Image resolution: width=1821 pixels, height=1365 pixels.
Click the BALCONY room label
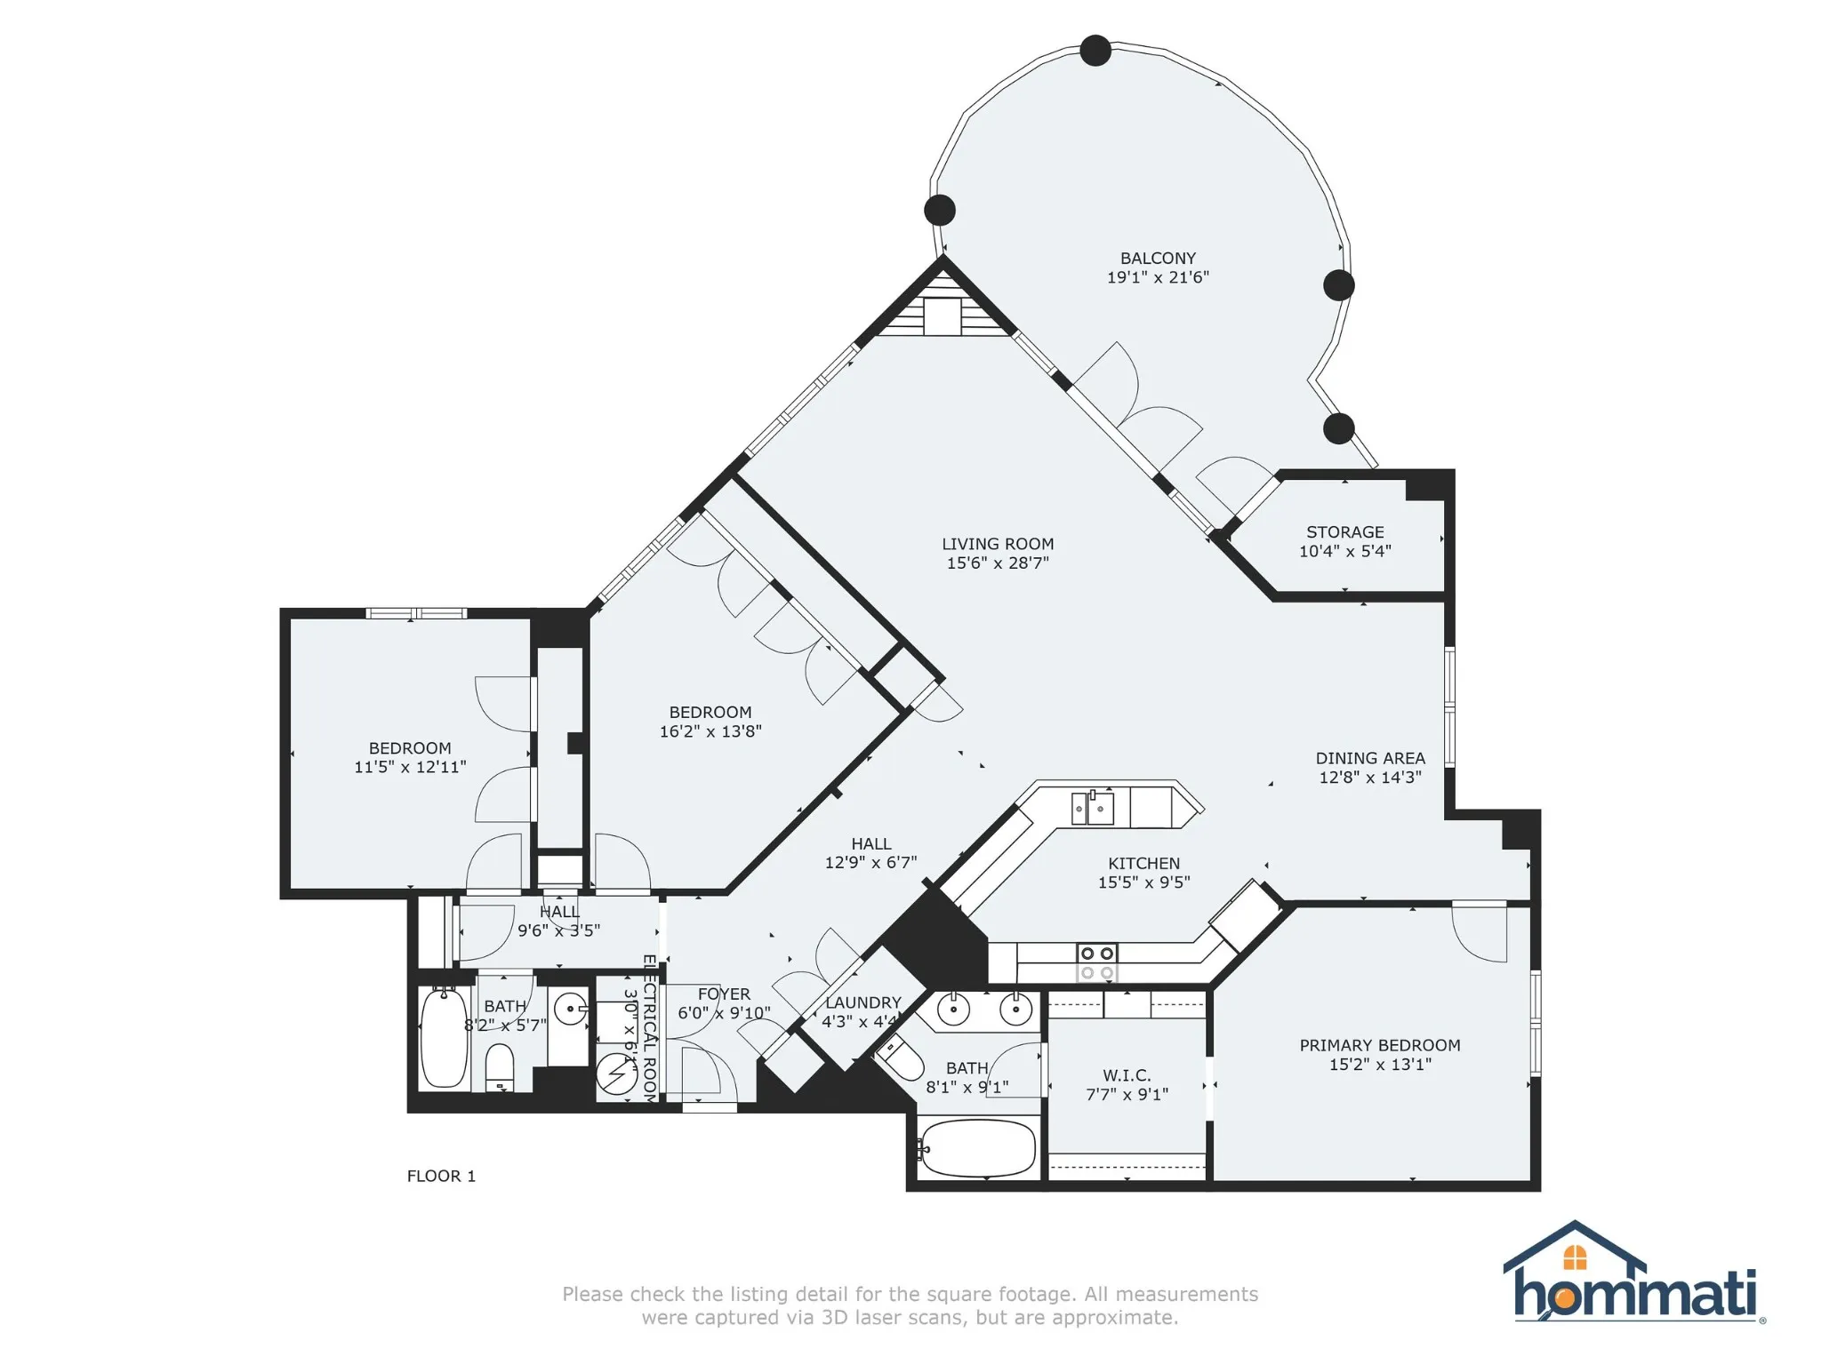pos(1158,259)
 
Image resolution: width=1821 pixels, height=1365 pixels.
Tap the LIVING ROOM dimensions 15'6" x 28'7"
pos(998,563)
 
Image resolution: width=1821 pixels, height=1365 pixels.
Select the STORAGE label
pos(1345,532)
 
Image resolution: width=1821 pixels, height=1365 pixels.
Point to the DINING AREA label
pos(1370,758)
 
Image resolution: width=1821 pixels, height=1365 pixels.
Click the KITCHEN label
pos(1144,863)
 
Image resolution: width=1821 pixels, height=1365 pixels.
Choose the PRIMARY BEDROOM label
pos(1380,1045)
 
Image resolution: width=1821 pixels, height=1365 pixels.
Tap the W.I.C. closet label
pos(1127,1075)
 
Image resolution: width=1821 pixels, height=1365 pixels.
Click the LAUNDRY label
pos(863,1002)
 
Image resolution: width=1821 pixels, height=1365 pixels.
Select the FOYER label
pos(724,994)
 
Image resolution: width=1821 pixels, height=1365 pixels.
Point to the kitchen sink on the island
pos(1093,808)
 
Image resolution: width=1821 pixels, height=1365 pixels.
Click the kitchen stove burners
pos(1096,962)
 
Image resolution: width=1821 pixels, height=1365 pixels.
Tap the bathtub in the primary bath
pos(978,1148)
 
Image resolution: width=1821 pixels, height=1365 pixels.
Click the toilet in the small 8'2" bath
pos(500,1066)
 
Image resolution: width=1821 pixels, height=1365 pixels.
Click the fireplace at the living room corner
pos(943,305)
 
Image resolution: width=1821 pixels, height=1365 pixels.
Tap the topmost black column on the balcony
pos(1095,51)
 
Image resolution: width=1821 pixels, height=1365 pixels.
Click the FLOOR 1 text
pos(441,1176)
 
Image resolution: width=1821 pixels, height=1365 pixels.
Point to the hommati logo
pos(1634,1272)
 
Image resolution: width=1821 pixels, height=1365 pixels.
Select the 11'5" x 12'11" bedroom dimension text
pos(410,767)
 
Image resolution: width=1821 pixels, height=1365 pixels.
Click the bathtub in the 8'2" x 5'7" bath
pos(443,1037)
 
